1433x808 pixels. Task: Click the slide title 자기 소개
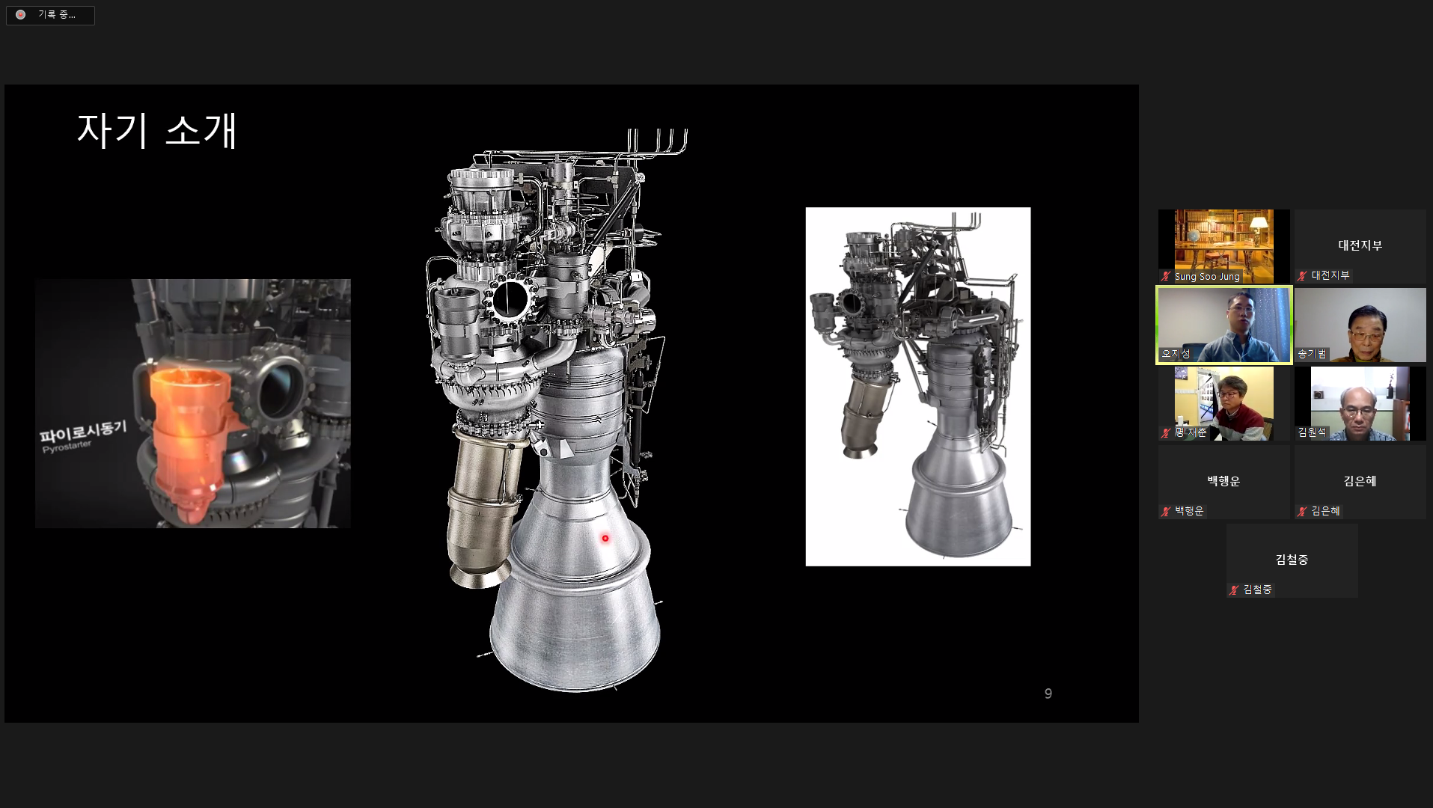157,130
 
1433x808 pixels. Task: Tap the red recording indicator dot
21,15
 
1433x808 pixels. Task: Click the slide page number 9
1048,694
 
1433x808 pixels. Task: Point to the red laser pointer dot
605,538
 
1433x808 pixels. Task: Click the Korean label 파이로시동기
83,432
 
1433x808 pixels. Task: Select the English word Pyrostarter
67,447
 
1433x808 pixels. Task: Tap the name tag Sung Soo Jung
1207,277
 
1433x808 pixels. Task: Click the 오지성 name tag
1176,354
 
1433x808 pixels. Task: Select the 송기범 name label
1312,354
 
